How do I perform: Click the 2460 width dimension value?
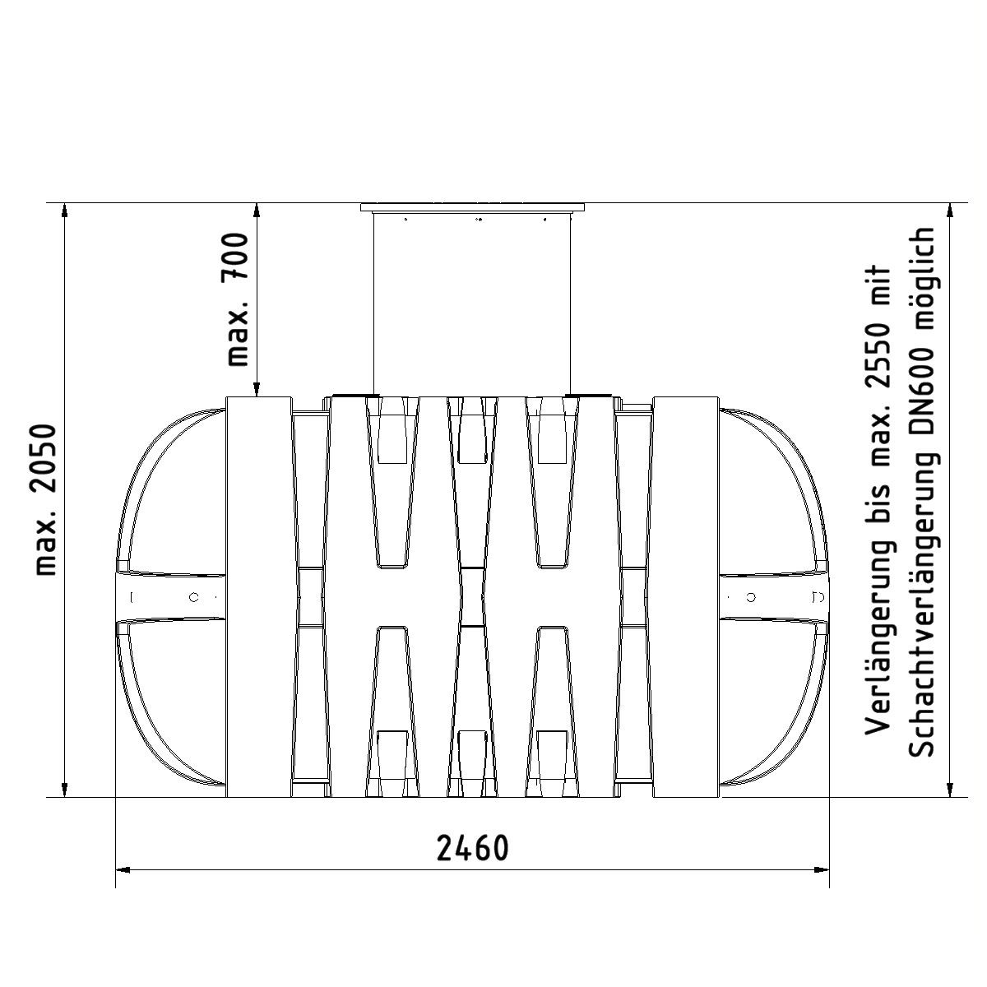(x=472, y=849)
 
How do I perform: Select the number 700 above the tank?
(x=238, y=255)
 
